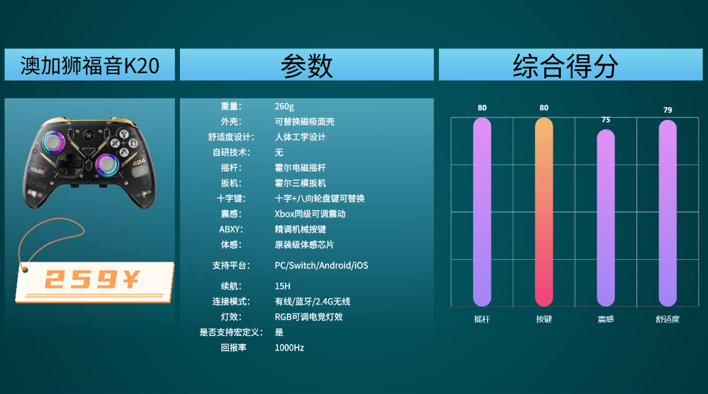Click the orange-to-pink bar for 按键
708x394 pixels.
[x=544, y=212]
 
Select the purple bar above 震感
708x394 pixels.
[x=605, y=218]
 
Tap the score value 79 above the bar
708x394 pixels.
[x=667, y=110]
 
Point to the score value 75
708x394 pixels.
[x=605, y=120]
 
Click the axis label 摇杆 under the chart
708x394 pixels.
[x=482, y=319]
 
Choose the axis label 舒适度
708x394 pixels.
[x=667, y=319]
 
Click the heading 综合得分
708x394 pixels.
[x=565, y=66]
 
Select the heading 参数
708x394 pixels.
[x=307, y=66]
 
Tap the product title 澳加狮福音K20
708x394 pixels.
[x=90, y=66]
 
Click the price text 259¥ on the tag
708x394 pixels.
[x=93, y=279]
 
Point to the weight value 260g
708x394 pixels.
[x=284, y=106]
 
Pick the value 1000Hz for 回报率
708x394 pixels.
[x=289, y=348]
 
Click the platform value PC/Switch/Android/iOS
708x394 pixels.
[x=321, y=265]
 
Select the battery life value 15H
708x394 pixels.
[x=282, y=286]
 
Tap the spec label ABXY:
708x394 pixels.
[x=231, y=229]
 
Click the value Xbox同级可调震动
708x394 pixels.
[x=310, y=214]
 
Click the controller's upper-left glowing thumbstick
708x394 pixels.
[x=54, y=142]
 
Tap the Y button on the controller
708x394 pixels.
[x=123, y=133]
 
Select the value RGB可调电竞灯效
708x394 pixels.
[x=309, y=317]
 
